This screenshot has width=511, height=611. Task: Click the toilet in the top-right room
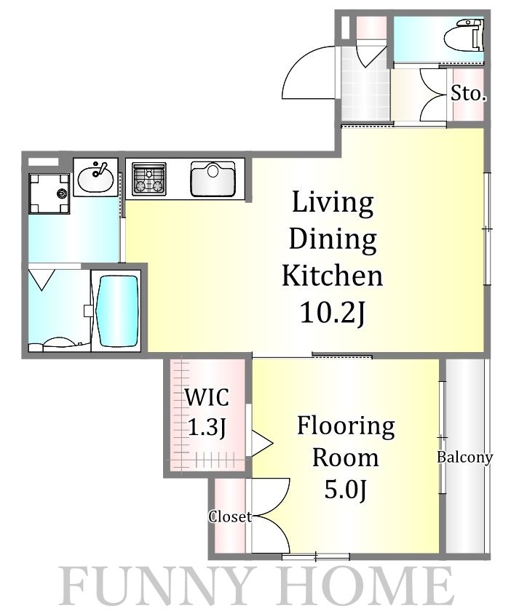[464, 35]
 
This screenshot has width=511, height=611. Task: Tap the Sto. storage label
[469, 93]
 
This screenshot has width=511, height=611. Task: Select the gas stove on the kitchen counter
[149, 179]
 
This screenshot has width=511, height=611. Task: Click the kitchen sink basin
[213, 179]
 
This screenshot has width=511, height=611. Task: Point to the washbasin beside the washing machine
[95, 177]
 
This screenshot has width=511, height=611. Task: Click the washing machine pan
[49, 193]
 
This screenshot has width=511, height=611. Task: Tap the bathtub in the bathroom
[118, 311]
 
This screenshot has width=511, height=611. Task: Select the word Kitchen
[333, 276]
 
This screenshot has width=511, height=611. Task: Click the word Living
[333, 203]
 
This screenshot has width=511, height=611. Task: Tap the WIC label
[207, 397]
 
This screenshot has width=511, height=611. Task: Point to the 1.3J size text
[207, 427]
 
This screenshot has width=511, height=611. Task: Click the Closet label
[230, 516]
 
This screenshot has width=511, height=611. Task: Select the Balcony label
[464, 457]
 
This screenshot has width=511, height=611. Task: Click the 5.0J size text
[345, 490]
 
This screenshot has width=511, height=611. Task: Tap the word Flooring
[346, 427]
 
